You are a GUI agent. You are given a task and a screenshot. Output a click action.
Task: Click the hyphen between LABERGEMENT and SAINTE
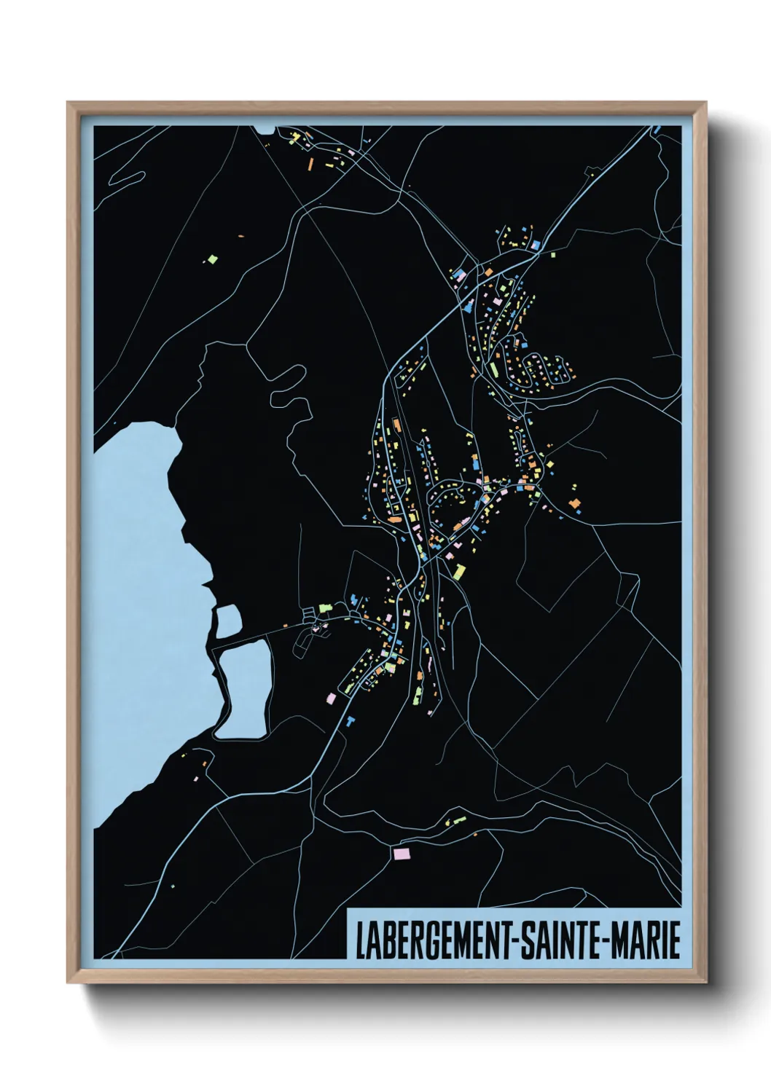517,942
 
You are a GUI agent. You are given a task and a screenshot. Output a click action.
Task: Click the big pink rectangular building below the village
402,853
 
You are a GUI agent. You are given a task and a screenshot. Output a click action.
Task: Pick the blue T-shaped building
351,720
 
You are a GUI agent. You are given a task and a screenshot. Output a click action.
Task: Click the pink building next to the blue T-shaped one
331,698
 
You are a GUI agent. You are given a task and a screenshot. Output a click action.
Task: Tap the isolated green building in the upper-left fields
212,259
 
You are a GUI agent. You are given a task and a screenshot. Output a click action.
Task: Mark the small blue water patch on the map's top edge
264,130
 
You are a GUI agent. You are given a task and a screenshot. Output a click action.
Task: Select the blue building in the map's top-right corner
657,130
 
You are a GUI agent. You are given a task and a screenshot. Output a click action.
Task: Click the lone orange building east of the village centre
574,503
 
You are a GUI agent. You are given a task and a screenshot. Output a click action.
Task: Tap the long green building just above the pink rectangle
455,822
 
